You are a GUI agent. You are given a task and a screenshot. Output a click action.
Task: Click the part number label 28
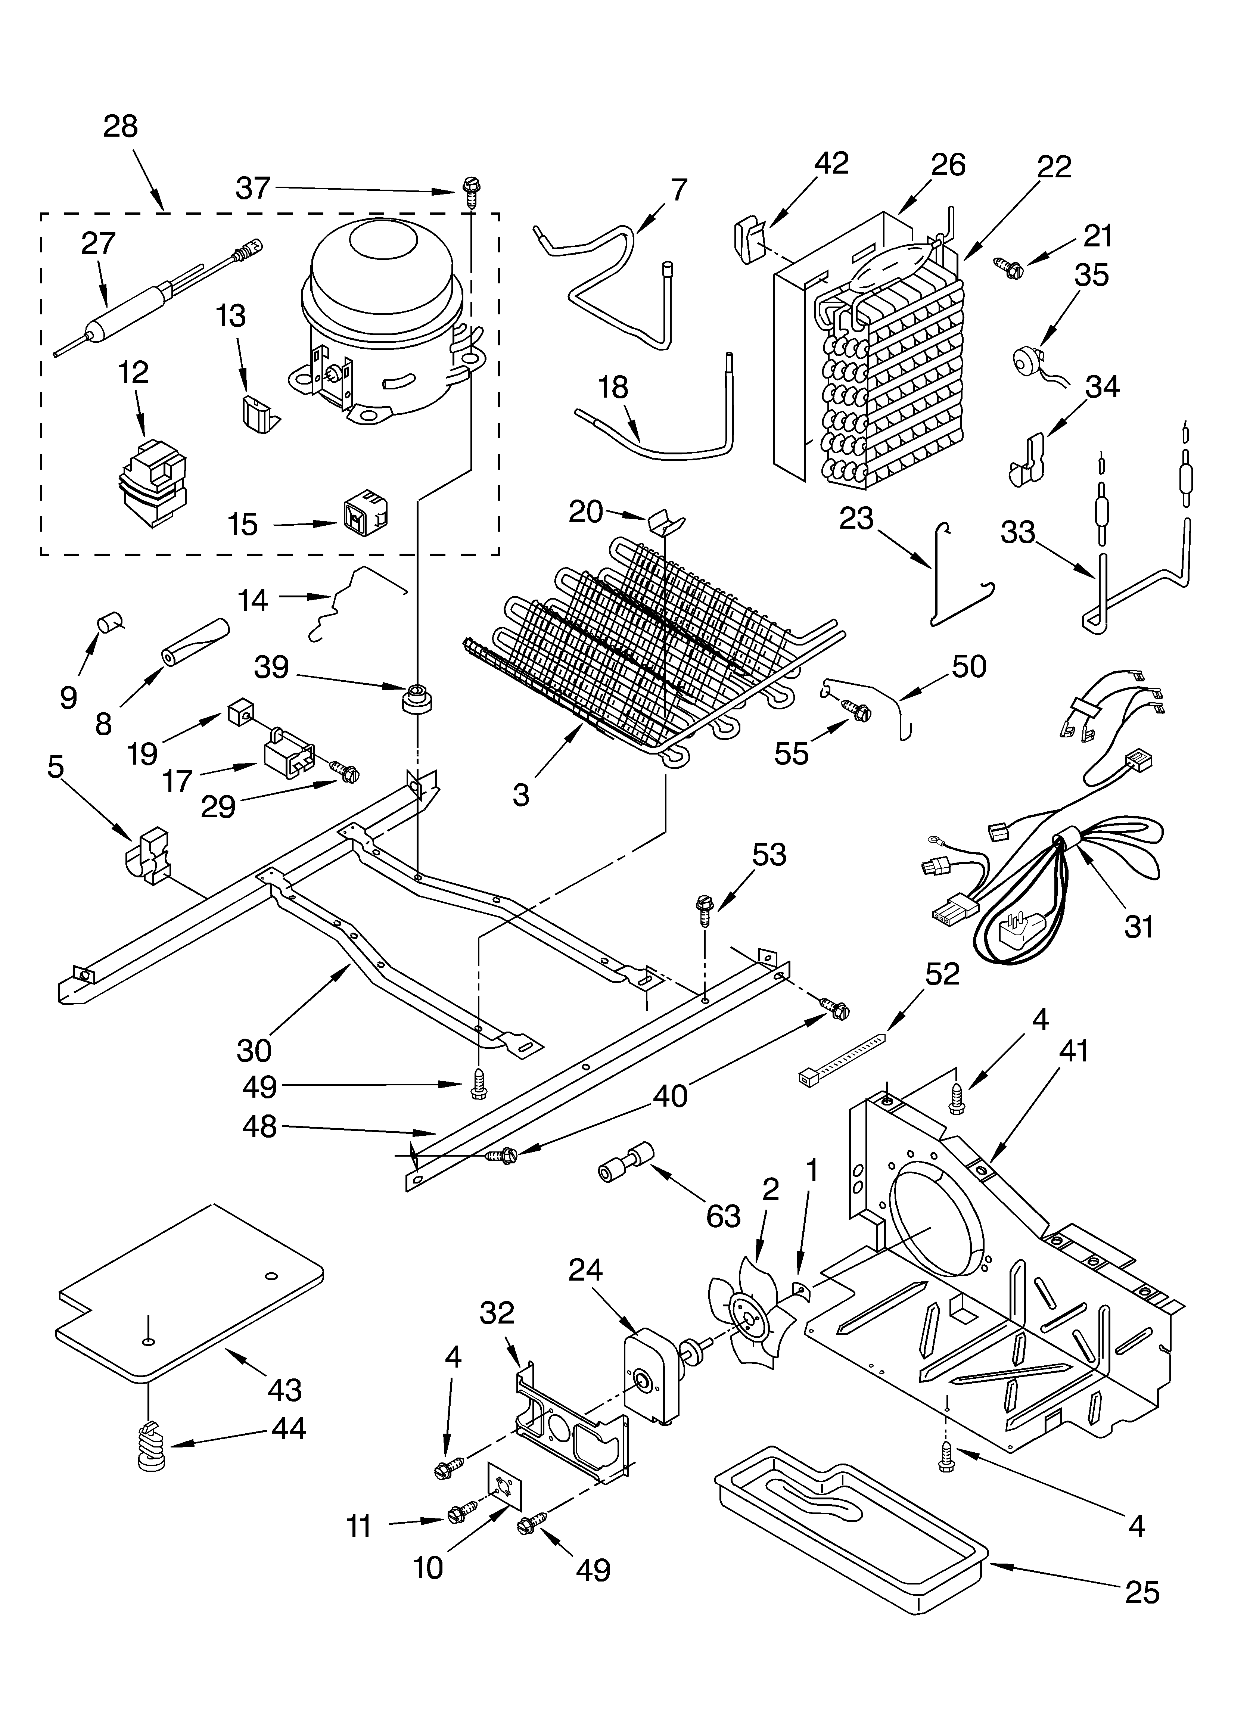(x=120, y=126)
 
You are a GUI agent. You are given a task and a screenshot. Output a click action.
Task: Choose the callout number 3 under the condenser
(x=521, y=794)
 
